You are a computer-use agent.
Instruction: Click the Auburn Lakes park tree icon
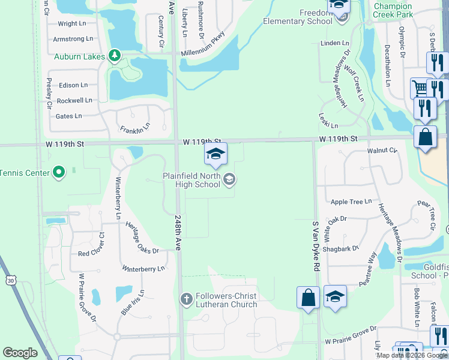click(115, 56)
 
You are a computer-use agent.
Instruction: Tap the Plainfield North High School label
click(192, 180)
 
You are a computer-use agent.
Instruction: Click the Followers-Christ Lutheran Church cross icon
click(187, 298)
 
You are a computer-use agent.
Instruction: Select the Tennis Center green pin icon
click(58, 173)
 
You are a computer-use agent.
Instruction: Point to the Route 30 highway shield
click(10, 280)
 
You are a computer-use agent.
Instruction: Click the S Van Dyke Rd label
click(315, 246)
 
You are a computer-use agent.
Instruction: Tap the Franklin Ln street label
click(134, 129)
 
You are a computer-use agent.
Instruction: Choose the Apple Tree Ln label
click(351, 202)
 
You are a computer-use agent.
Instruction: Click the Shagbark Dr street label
click(340, 248)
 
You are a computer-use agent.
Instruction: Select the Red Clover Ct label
click(91, 253)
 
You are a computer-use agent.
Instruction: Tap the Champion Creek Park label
click(393, 10)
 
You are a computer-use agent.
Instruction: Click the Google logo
click(20, 353)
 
